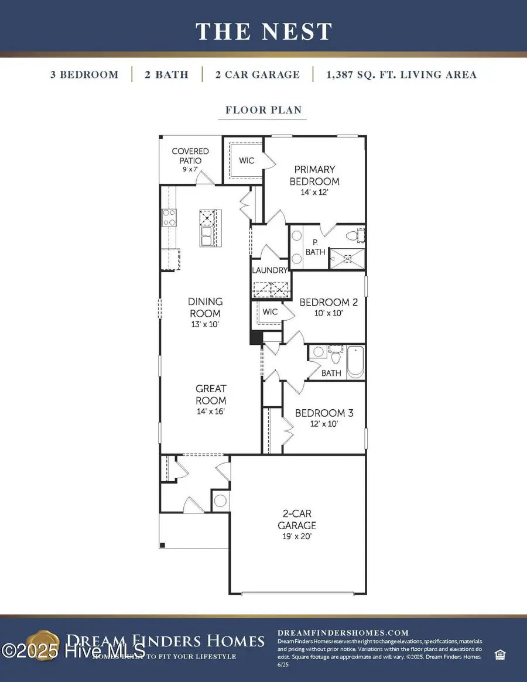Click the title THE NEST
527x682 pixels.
click(x=263, y=31)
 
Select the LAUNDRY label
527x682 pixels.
click(x=270, y=270)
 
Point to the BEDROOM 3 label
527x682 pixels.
click(x=324, y=417)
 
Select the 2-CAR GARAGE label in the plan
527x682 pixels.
click(x=297, y=524)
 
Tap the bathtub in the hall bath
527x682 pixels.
click(x=355, y=362)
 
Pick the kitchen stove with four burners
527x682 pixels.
click(x=169, y=218)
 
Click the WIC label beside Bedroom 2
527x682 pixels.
click(x=270, y=312)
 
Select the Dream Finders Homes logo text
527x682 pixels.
click(x=165, y=641)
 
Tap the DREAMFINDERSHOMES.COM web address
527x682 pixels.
click(x=342, y=632)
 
